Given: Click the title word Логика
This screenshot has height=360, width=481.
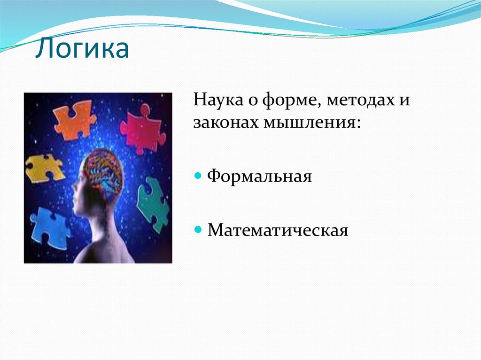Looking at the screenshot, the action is [82, 48].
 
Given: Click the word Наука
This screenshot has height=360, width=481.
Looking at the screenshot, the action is [218, 100].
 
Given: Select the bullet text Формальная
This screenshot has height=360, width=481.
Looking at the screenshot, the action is [259, 176].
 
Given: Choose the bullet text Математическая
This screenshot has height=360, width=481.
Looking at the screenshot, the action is [278, 230].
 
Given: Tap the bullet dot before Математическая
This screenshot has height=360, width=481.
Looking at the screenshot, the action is [198, 230].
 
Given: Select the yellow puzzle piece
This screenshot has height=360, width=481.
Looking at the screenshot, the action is [45, 169].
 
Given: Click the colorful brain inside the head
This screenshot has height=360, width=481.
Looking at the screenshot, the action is [104, 174].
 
